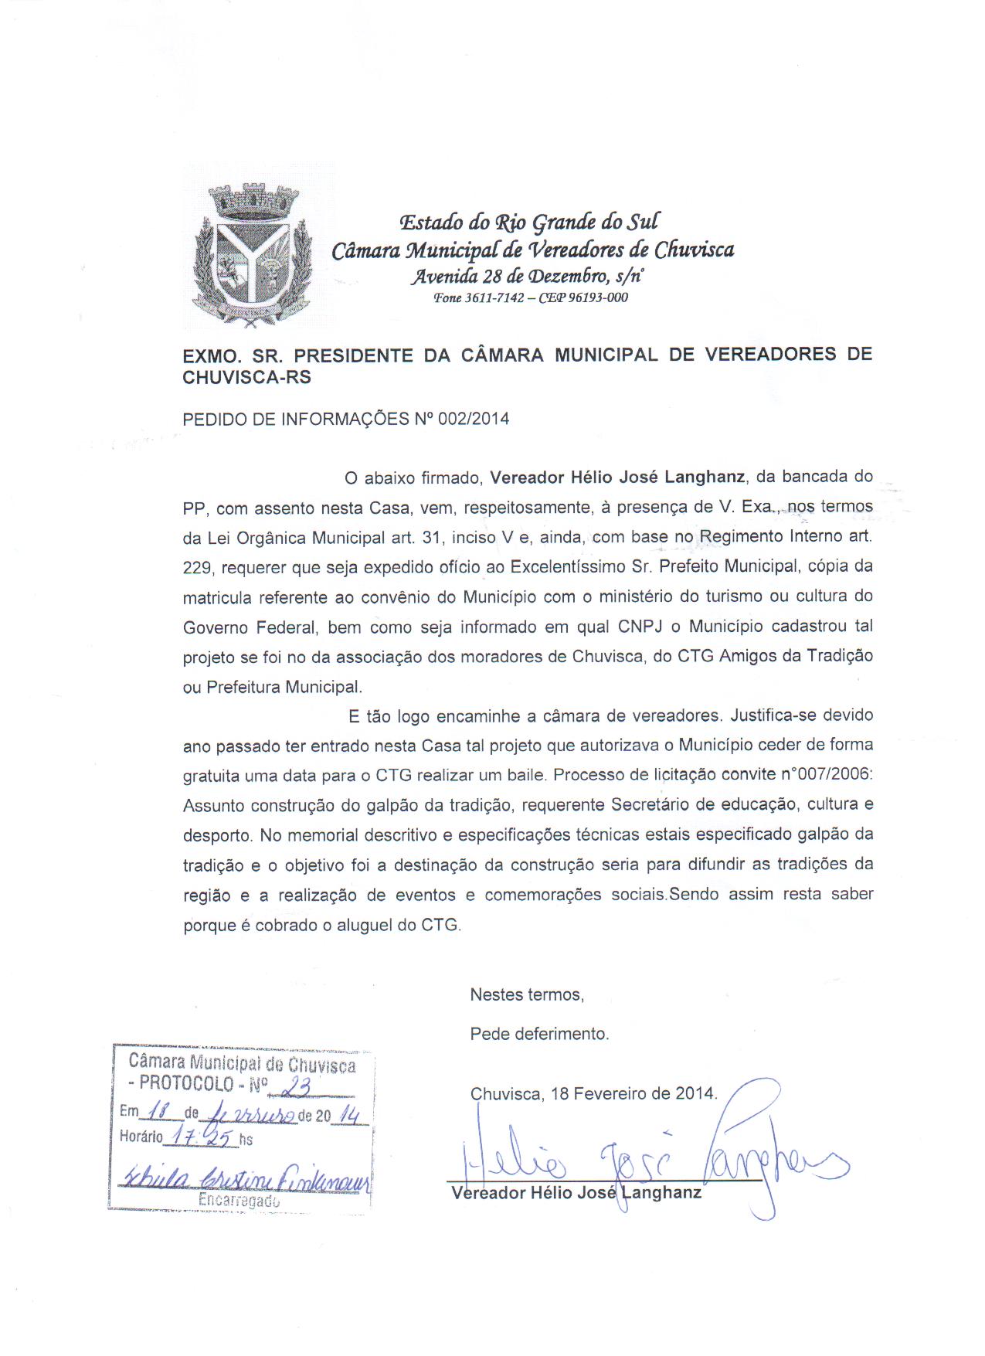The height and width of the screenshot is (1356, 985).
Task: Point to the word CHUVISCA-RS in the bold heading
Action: [246, 377]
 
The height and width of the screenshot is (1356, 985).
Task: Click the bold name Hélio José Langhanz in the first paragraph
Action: [618, 477]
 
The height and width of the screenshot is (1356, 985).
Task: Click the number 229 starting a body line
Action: [198, 568]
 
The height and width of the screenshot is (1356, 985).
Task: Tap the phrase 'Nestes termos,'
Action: [527, 995]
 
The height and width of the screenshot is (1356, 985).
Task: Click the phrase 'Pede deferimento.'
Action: [539, 1034]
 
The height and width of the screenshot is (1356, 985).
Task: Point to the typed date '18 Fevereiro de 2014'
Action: [633, 1094]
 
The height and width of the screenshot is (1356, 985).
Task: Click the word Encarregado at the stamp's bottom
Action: [239, 1201]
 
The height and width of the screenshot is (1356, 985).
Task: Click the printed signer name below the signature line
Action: [576, 1193]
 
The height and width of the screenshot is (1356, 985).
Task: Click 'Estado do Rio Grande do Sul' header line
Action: [528, 223]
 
